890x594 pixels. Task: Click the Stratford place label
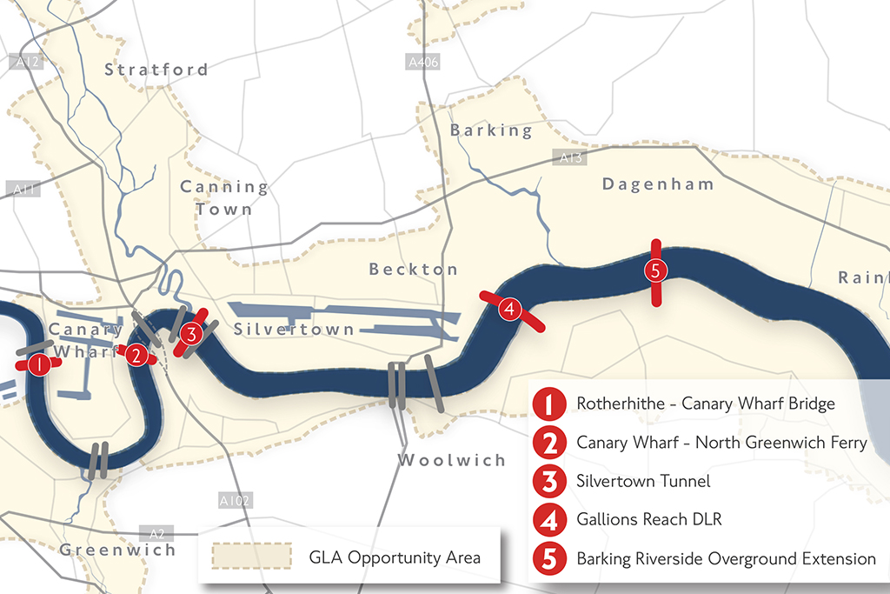(156, 70)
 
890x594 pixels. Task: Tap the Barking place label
(491, 130)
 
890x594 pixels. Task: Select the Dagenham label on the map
(658, 184)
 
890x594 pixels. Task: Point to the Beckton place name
(413, 270)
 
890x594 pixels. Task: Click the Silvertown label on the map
(294, 330)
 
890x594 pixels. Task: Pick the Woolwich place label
(452, 460)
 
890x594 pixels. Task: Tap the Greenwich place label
(117, 550)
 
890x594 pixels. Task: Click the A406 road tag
(423, 63)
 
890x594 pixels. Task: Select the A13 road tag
(570, 158)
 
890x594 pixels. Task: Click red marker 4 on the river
(509, 309)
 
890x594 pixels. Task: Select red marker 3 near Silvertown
(192, 332)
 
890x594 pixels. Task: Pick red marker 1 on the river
(38, 365)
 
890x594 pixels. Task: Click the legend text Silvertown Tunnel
(643, 481)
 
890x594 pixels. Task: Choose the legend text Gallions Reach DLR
(649, 519)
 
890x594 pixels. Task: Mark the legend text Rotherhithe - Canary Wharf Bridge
(705, 404)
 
